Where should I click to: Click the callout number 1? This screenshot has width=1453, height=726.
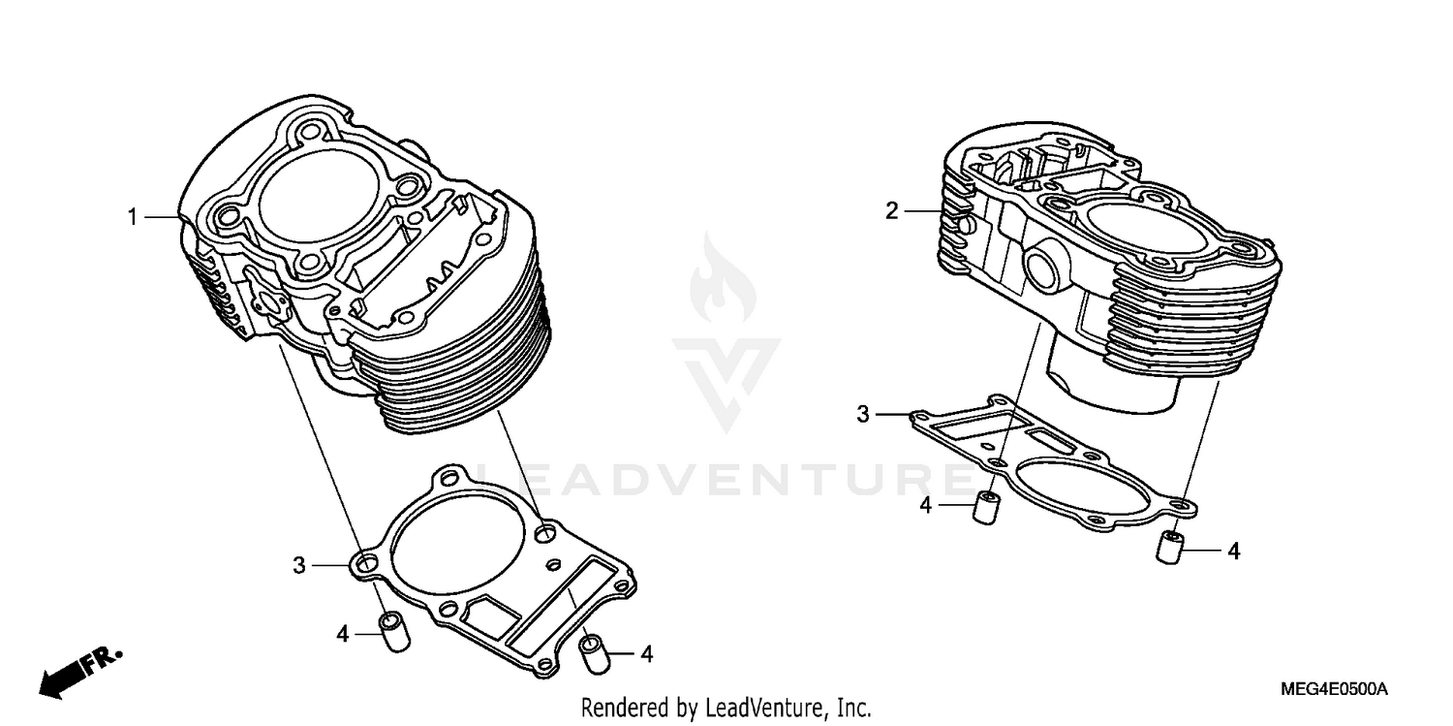tap(134, 218)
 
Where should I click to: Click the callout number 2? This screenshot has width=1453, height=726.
tap(892, 211)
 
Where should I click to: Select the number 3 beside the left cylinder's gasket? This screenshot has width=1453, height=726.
tap(300, 564)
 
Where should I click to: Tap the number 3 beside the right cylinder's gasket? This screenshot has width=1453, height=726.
tap(862, 415)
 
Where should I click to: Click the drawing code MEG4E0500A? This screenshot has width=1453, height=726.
tap(1334, 690)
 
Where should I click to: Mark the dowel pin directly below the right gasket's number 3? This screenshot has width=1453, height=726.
tap(986, 508)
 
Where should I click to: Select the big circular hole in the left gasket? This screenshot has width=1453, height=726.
tap(450, 549)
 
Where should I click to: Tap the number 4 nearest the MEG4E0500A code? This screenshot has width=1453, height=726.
tap(1233, 552)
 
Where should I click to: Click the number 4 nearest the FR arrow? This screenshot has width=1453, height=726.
tap(342, 634)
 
